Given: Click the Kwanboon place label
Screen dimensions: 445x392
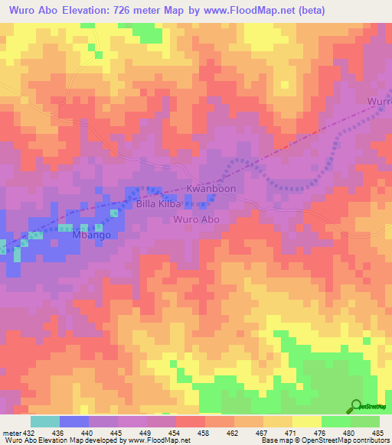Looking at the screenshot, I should point(212,188).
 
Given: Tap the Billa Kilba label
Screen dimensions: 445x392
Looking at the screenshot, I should point(158,205).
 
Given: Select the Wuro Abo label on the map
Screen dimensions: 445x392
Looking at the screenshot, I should point(197,219).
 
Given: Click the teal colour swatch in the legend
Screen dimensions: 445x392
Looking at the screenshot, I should point(44,421).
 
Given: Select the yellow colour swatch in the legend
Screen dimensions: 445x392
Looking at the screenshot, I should point(306,421).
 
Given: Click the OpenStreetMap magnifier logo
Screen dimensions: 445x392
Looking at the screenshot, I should point(356,406).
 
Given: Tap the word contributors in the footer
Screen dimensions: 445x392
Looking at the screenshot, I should point(367,440).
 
